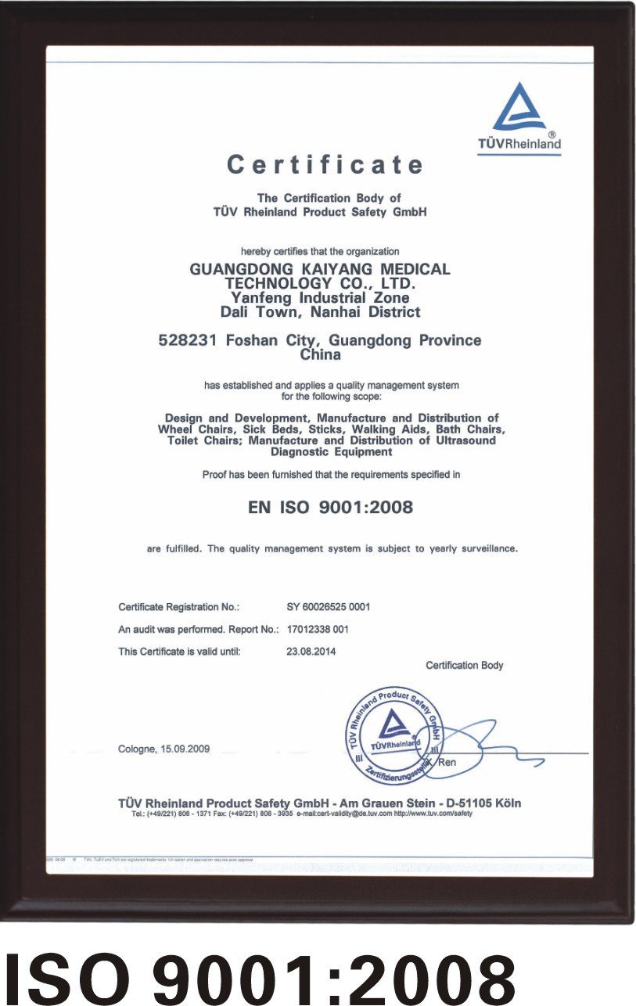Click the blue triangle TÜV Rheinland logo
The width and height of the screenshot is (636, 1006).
point(519,110)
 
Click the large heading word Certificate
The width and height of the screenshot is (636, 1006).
point(325,165)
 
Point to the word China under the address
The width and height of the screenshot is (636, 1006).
point(321,355)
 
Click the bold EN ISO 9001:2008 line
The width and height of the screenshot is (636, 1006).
point(330,508)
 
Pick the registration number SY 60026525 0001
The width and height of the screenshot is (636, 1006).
point(329,607)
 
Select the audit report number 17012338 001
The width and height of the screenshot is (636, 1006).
point(318,629)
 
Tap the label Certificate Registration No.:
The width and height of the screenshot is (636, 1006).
point(178,607)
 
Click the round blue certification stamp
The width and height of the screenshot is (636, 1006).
point(394,735)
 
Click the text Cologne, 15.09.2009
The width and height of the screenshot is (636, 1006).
point(164,749)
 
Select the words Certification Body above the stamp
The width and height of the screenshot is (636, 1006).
point(465,666)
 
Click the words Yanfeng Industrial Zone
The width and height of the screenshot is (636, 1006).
point(320,298)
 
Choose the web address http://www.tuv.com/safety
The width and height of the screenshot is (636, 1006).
point(433,814)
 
